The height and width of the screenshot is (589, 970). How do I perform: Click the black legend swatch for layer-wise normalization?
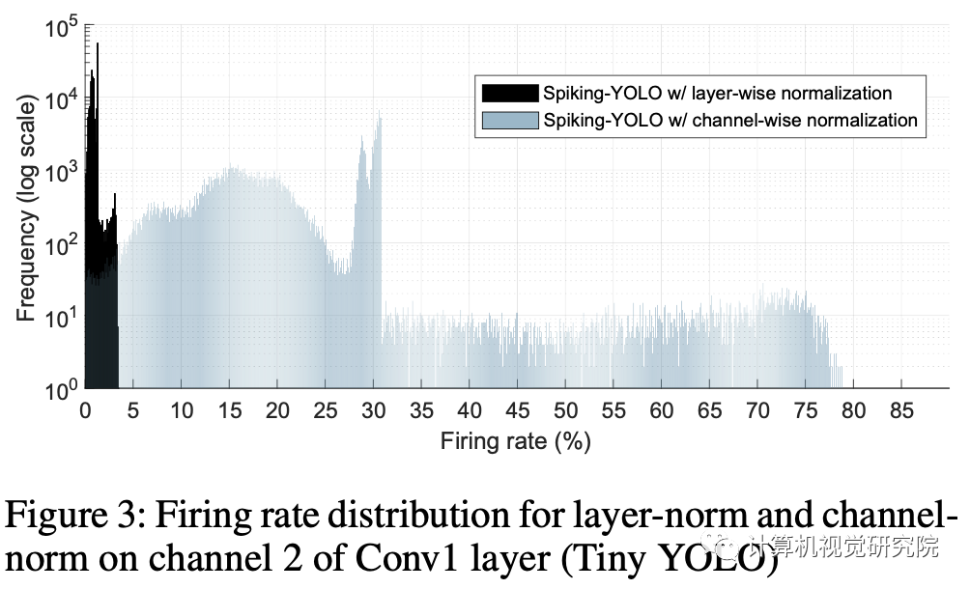tap(509, 94)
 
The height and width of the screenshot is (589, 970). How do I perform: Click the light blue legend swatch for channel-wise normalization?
tap(509, 121)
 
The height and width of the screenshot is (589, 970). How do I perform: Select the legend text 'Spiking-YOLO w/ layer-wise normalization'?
tap(717, 94)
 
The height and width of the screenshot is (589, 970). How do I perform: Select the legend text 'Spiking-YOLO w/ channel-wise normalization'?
tap(729, 121)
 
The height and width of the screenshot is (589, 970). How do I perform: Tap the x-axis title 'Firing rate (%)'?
tap(515, 442)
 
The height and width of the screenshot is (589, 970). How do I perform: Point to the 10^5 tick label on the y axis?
tap(60, 30)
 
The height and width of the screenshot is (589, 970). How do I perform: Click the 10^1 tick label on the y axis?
tap(60, 318)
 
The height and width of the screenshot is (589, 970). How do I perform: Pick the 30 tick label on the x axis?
tap(373, 410)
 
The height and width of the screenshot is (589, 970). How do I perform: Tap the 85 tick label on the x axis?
tap(900, 410)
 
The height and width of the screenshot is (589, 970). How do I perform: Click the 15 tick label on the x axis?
tap(229, 410)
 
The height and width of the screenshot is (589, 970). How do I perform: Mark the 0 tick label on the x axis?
tap(85, 410)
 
